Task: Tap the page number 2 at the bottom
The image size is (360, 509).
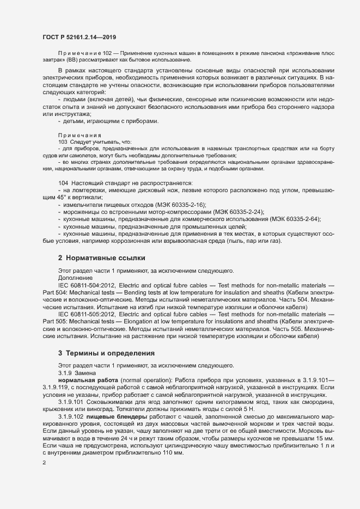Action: (45, 463)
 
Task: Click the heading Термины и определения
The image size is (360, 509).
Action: (111, 353)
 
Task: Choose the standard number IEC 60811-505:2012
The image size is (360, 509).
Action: (86, 314)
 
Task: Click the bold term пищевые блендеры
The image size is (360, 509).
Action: (113, 416)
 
